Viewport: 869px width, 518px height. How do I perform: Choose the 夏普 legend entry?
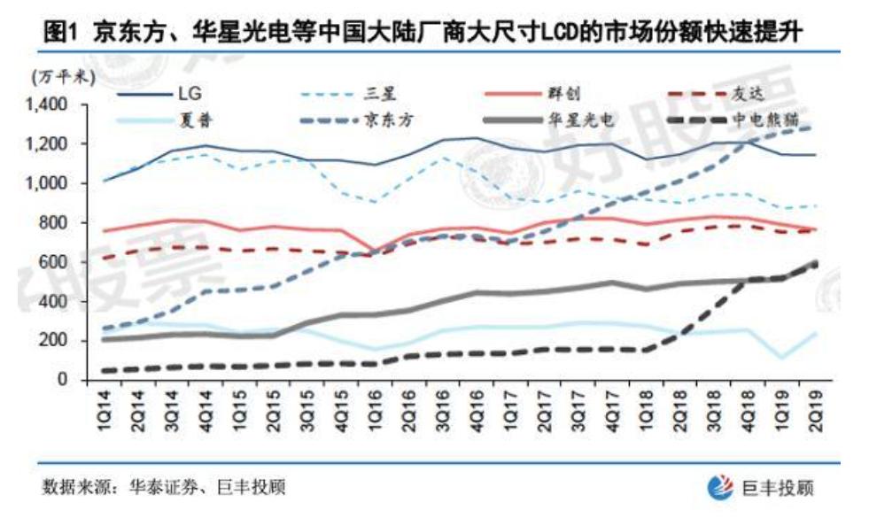(199, 117)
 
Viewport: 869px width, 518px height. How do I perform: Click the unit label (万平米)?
(61, 79)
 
